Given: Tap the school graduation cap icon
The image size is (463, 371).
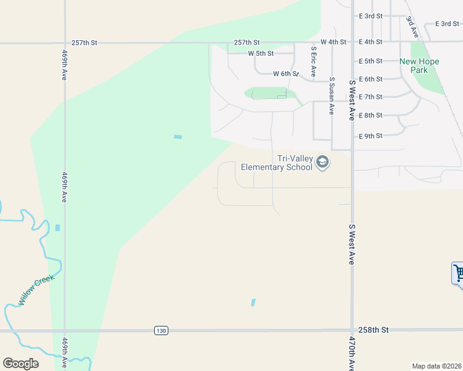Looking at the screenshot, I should coord(322,163).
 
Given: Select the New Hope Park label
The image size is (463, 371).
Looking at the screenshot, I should coord(419,66).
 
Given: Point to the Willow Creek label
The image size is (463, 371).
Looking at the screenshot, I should coord(37,290).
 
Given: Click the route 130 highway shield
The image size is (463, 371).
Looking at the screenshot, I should coord(161,331).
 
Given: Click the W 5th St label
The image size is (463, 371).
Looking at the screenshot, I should coord(261,54).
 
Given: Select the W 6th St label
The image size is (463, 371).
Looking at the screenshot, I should coord(286,74).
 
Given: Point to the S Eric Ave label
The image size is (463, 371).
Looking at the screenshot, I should coord(314,62).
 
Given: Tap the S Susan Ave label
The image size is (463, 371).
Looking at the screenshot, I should coord(332,96).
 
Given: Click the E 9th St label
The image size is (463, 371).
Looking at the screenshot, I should coord(371,135).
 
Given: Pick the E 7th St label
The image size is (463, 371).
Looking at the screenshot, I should coord(371,97).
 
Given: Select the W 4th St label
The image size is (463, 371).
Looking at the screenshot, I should coord(333,42).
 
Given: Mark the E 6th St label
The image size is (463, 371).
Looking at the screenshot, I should coord(371,79).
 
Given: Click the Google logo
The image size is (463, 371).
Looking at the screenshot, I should coord(20,363).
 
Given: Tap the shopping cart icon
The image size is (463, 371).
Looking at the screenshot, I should coord(458,273).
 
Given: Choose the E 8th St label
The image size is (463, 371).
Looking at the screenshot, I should coord(371,116).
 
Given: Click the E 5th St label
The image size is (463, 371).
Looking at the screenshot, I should coord(371,61).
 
